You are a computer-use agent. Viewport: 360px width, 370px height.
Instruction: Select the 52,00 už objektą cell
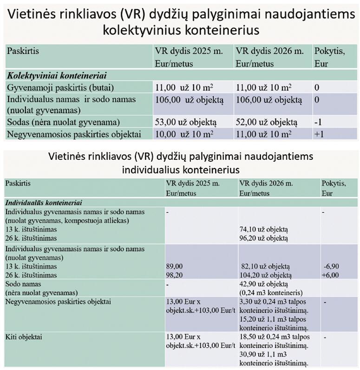coord(266,122)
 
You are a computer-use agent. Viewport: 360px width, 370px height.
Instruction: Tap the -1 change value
coord(319,122)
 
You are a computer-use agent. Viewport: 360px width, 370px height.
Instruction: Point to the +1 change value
coord(320,134)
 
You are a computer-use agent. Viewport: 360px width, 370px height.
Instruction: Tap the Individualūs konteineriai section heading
coord(44,203)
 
